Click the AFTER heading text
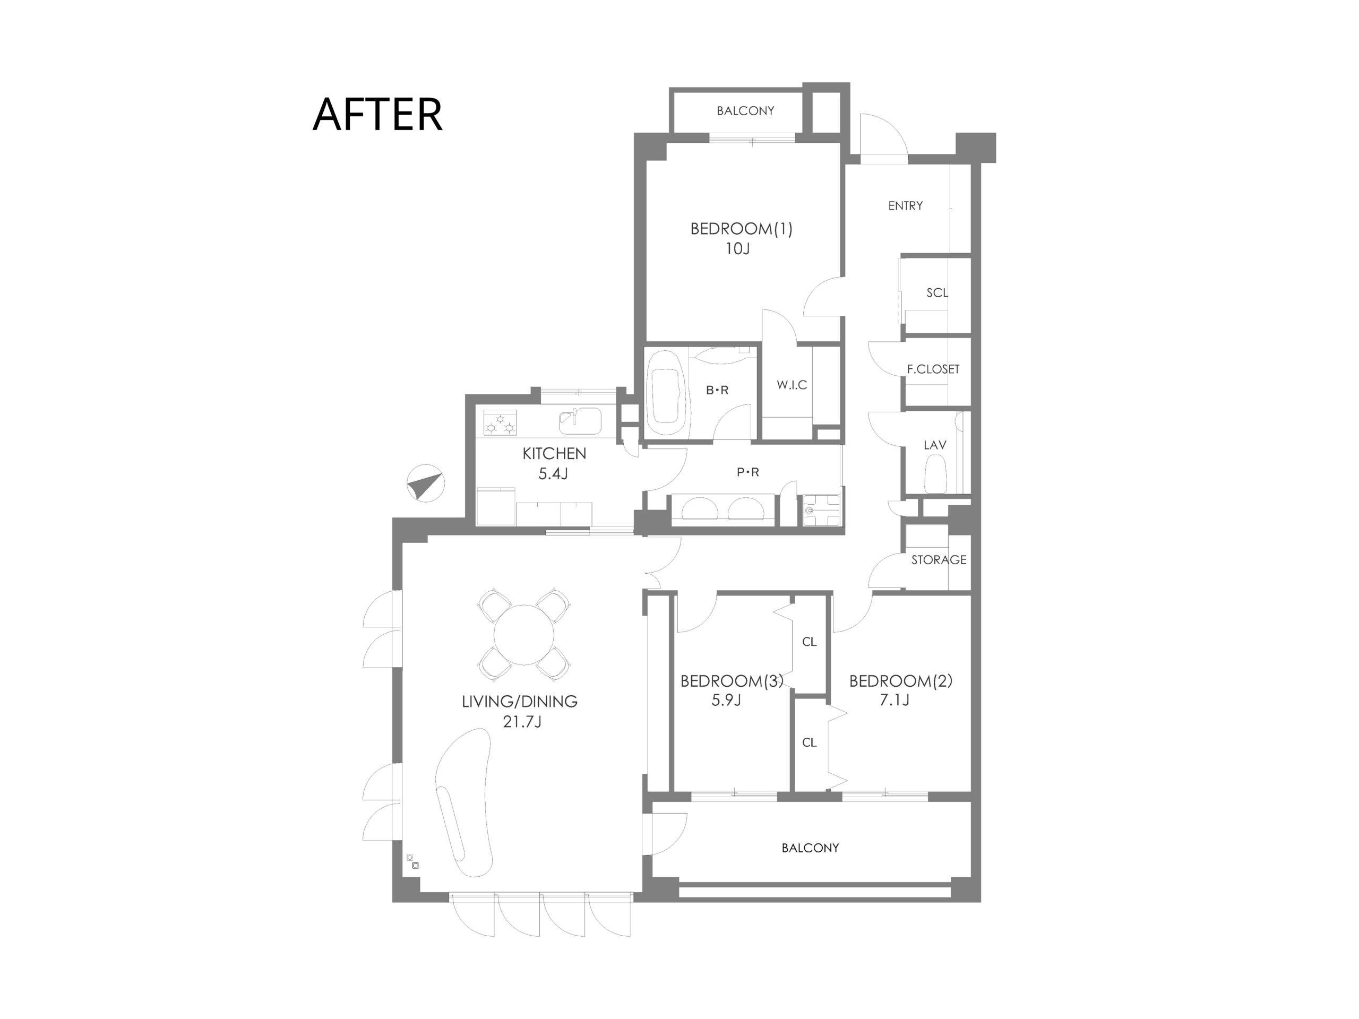(x=377, y=114)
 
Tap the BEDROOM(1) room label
(x=741, y=229)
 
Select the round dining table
(x=523, y=635)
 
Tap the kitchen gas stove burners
(x=500, y=423)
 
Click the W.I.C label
(x=792, y=385)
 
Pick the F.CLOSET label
(x=933, y=369)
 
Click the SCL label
(x=937, y=293)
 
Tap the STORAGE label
(x=938, y=559)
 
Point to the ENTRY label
(x=905, y=206)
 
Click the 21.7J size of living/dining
(x=522, y=722)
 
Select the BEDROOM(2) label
(x=901, y=680)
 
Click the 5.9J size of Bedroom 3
(x=726, y=700)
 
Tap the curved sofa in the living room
(x=464, y=802)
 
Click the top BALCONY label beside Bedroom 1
(x=745, y=110)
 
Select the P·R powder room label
(x=747, y=472)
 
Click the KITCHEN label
(x=554, y=453)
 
